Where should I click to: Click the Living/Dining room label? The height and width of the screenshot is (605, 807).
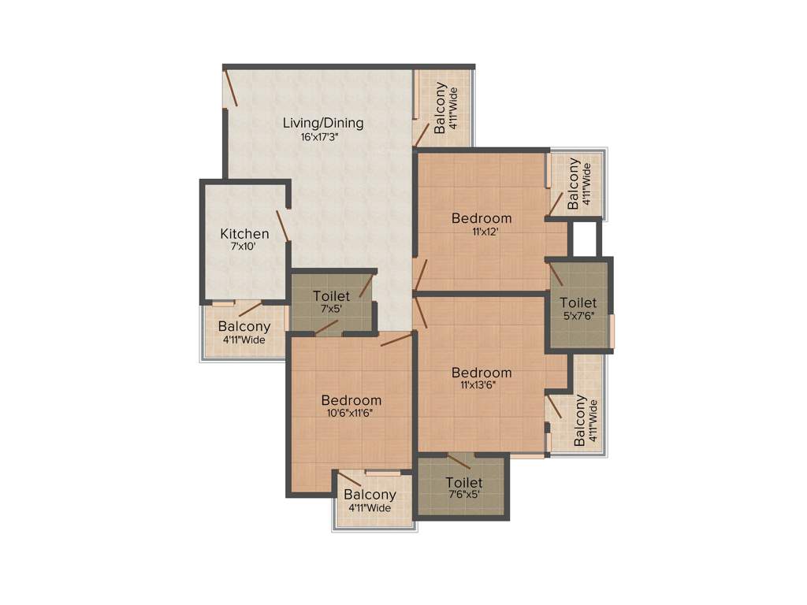click(x=323, y=123)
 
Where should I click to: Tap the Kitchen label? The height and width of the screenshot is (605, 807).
click(x=244, y=234)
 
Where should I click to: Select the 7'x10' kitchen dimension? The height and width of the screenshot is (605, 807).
click(x=244, y=247)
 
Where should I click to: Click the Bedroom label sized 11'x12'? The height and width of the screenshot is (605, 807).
click(x=482, y=218)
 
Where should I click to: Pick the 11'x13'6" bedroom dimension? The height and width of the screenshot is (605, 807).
click(x=482, y=386)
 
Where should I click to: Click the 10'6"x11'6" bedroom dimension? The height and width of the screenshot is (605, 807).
click(x=351, y=413)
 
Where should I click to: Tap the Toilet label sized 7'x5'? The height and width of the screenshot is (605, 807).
click(x=331, y=296)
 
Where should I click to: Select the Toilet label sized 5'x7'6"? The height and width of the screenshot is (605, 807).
click(x=578, y=302)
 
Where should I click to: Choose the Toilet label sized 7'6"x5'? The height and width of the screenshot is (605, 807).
click(x=463, y=482)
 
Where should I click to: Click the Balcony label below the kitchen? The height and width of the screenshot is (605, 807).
click(x=244, y=326)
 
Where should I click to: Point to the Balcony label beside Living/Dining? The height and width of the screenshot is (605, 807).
click(x=440, y=108)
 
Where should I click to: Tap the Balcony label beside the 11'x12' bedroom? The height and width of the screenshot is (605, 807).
click(x=574, y=184)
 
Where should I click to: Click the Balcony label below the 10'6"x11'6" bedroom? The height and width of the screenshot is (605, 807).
click(x=370, y=495)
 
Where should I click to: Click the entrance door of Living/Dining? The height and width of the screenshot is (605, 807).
click(x=231, y=88)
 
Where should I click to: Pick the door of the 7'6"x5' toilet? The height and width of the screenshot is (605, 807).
click(x=459, y=462)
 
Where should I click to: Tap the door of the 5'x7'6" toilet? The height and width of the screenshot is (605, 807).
click(x=556, y=273)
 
